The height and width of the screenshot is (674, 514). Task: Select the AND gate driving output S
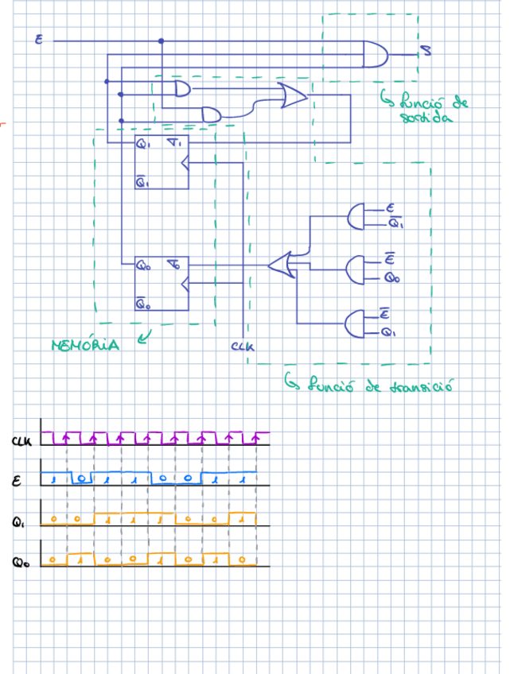pyautogui.click(x=376, y=53)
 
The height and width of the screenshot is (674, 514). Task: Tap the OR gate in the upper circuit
pyautogui.click(x=292, y=96)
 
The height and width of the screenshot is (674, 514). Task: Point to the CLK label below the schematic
pyautogui.click(x=241, y=347)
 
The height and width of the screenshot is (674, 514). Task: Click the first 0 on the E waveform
pyautogui.click(x=82, y=479)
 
